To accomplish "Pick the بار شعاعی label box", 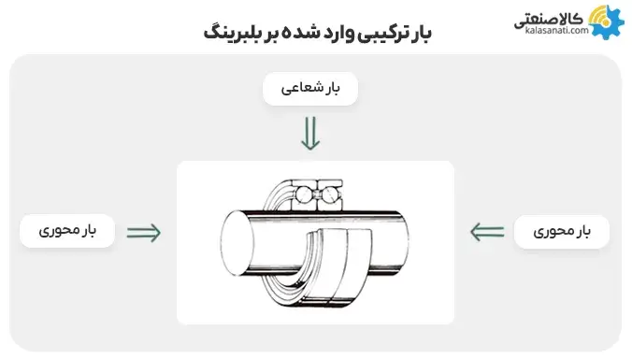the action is click(x=310, y=90).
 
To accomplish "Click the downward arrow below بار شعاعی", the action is click(x=310, y=136).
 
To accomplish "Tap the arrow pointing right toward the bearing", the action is click(x=143, y=231).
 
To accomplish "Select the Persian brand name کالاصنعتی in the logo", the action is click(x=556, y=16).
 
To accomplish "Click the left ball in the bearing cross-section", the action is click(x=306, y=195).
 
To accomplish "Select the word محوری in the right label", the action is click(x=551, y=231).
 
